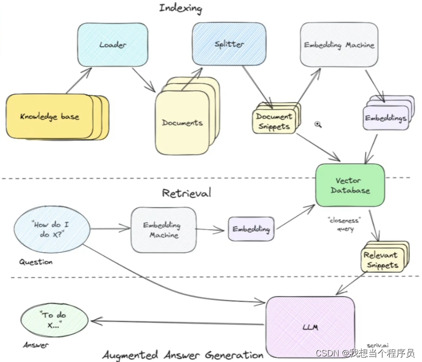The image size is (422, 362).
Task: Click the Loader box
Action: pyautogui.click(x=112, y=45)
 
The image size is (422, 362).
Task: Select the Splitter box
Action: pyautogui.click(x=229, y=44)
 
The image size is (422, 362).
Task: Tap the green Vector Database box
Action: pyautogui.click(x=350, y=185)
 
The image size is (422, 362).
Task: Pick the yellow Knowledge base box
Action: pyautogui.click(x=50, y=117)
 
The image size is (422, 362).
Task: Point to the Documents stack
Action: pyautogui.click(x=182, y=123)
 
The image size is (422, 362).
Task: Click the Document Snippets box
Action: pyautogui.click(x=274, y=121)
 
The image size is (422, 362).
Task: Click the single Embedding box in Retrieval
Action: pyautogui.click(x=251, y=229)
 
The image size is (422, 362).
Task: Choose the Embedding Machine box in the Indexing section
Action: pyautogui.click(x=339, y=45)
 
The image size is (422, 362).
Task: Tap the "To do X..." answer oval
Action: pyautogui.click(x=54, y=321)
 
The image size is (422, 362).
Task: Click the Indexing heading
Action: pyautogui.click(x=180, y=8)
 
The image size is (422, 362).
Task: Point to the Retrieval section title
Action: pyautogui.click(x=186, y=193)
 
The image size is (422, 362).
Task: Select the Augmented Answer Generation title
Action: pyautogui.click(x=183, y=355)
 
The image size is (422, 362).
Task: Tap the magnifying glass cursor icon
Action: pyautogui.click(x=318, y=124)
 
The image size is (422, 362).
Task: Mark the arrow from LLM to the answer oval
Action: pyautogui.click(x=178, y=323)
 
